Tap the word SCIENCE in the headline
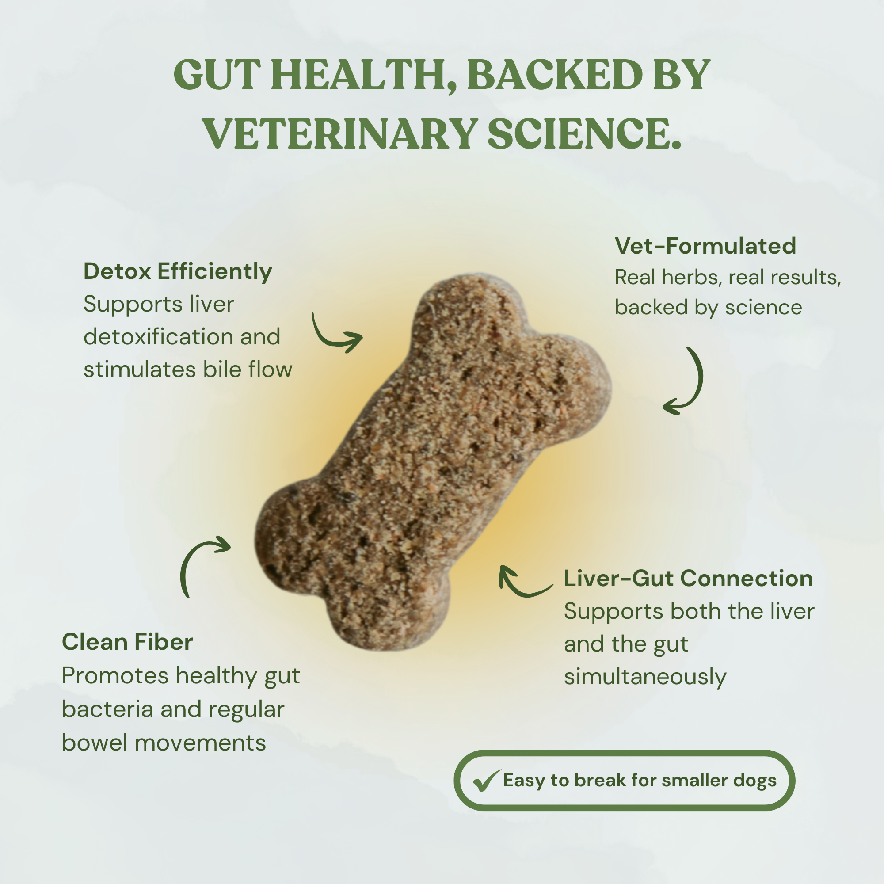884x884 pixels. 584,133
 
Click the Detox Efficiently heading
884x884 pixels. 178,271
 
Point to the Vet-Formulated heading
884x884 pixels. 705,246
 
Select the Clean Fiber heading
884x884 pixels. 127,641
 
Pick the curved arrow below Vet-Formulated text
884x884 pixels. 686,382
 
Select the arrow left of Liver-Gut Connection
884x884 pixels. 522,583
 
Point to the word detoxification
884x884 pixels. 158,337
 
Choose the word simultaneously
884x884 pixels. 645,677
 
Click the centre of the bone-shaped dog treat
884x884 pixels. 432,462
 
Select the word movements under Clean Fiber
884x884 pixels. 200,743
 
